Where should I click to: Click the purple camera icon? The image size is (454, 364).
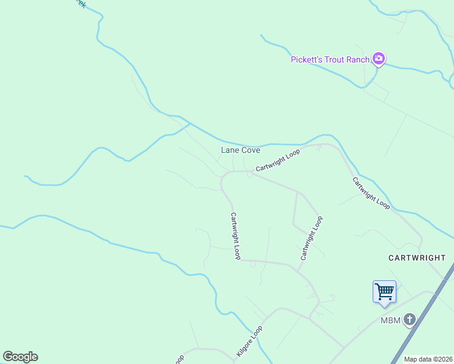point(379,59)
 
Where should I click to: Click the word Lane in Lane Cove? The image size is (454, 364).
point(229,150)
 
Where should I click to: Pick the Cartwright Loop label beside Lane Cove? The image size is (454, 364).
point(277,161)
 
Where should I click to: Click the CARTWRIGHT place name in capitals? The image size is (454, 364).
point(417,258)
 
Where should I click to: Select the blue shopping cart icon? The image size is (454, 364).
point(384,291)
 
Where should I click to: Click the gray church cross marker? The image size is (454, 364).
point(410,319)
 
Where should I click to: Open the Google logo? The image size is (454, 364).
point(20,357)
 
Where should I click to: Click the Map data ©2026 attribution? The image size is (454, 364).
point(429,359)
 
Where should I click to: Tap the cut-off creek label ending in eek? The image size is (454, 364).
point(80,3)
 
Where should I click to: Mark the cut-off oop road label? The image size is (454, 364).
point(180,360)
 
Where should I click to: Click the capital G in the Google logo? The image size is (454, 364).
point(8,357)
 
